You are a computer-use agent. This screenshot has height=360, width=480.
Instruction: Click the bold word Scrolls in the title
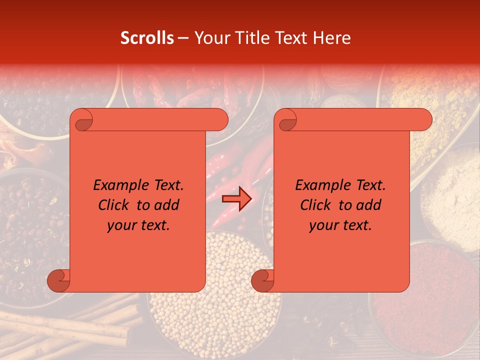pyautogui.click(x=147, y=38)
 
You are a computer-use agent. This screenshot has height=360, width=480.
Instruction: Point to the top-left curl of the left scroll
pyautogui.click(x=82, y=120)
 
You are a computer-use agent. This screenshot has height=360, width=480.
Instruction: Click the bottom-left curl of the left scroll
pyautogui.click(x=59, y=280)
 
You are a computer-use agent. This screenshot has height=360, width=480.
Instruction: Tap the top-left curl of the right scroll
pyautogui.click(x=286, y=120)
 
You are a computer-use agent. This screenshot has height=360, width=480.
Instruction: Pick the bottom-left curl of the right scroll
pyautogui.click(x=262, y=280)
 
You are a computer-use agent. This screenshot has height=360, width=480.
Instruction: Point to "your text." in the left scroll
pyautogui.click(x=138, y=225)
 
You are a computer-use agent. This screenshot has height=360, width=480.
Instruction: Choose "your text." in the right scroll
pyautogui.click(x=340, y=225)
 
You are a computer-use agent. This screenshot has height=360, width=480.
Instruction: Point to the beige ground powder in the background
pyautogui.click(x=450, y=195)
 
